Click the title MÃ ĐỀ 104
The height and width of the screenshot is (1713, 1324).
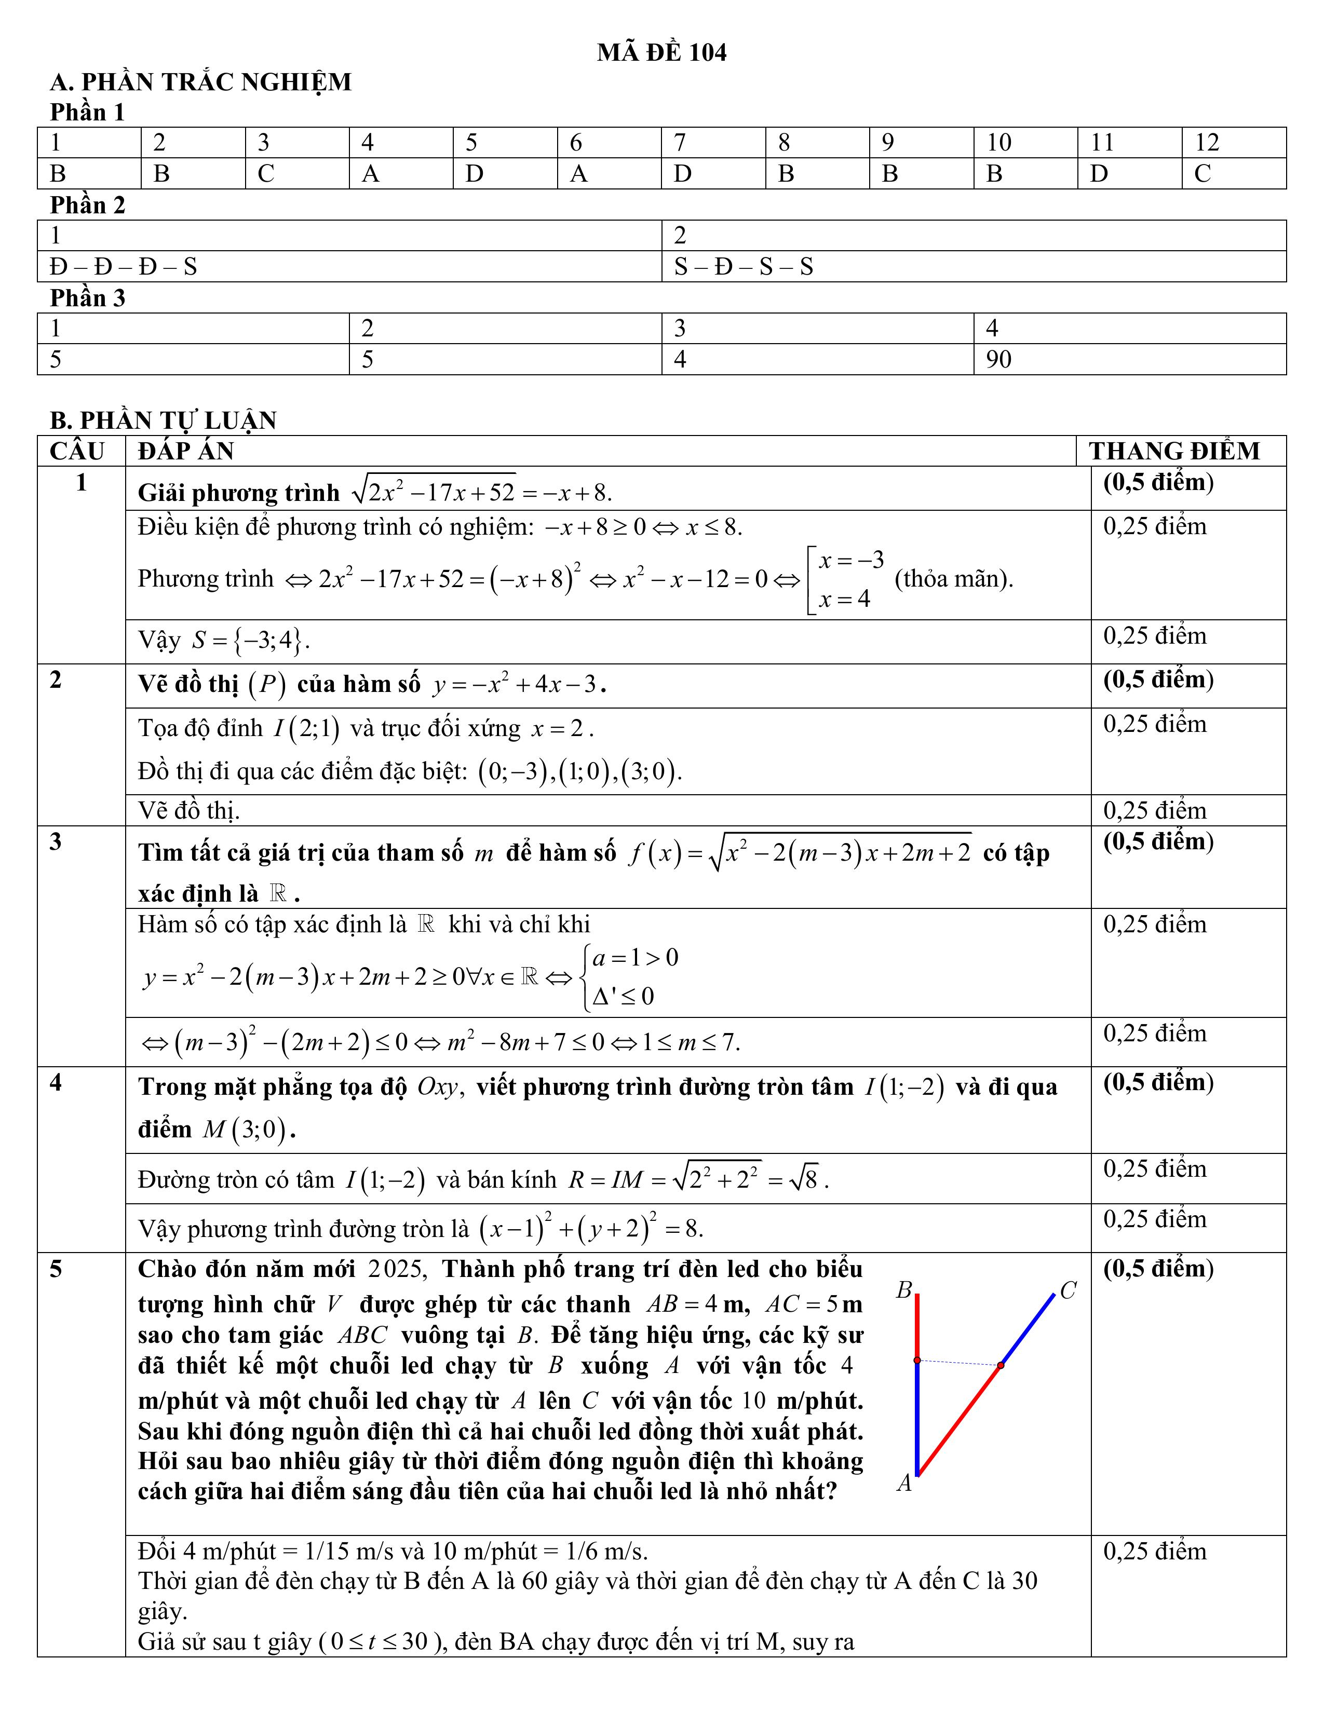pos(661,52)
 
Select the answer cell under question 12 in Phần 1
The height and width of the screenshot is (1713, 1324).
pos(1233,173)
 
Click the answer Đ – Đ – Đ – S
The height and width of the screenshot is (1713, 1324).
pos(123,267)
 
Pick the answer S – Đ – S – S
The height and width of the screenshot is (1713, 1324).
pos(743,267)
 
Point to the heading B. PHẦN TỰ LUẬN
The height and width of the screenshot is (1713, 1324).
pos(163,420)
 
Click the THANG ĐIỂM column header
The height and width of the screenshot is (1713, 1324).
pos(1173,451)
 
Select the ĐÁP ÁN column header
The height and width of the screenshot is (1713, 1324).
pos(186,451)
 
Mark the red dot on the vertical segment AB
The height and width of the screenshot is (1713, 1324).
pos(917,1360)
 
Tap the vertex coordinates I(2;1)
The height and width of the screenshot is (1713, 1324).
pos(306,729)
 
